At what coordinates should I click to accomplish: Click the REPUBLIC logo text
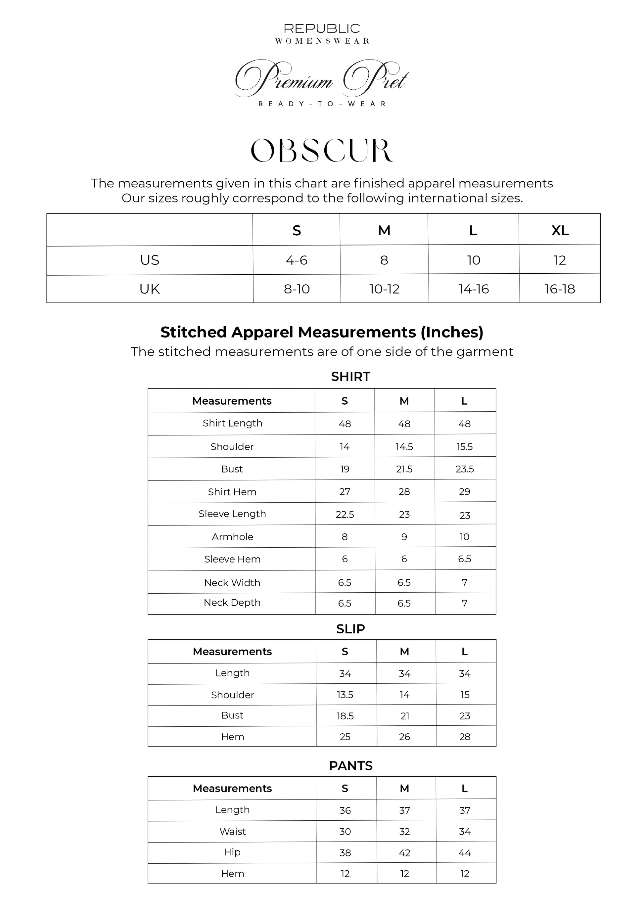click(322, 28)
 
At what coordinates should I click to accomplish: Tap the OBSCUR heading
click(322, 151)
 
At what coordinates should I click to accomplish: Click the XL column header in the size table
click(560, 231)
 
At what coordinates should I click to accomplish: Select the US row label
click(150, 260)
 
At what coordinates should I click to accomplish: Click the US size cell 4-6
click(297, 260)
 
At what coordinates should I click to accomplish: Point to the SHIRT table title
click(350, 377)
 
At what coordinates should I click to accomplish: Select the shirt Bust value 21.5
click(404, 469)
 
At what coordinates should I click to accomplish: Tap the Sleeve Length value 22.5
click(345, 515)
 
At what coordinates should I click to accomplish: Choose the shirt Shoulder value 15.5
click(464, 447)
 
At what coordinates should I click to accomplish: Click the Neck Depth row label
click(232, 603)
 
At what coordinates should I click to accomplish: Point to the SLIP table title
click(350, 629)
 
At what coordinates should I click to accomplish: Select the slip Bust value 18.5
click(345, 716)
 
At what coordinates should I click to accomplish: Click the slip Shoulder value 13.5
click(345, 695)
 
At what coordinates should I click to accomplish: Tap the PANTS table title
click(350, 766)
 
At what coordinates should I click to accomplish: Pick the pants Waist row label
click(233, 832)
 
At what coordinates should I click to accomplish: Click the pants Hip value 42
click(404, 853)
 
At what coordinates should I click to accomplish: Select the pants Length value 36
click(345, 811)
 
